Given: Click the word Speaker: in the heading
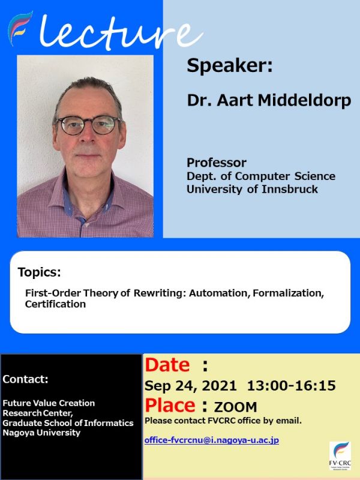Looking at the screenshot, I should point(229,66).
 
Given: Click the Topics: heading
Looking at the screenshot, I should point(40,272).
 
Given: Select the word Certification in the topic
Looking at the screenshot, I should point(55,304).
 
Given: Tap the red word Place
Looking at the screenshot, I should point(170,405).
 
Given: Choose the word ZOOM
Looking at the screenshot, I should point(235,407).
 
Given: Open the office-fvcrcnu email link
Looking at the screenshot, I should point(211,440).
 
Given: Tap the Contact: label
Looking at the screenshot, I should point(25,379).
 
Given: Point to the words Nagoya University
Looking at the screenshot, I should point(41,433).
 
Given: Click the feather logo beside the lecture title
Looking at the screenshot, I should point(20,28).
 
